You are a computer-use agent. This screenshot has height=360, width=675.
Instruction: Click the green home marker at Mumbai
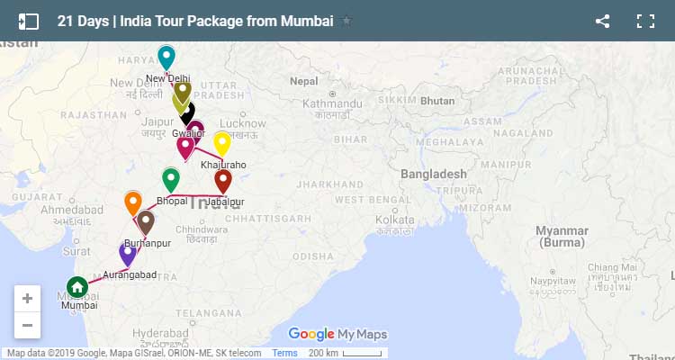[x=77, y=287]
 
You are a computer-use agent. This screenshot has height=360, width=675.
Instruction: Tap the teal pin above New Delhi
[x=166, y=57]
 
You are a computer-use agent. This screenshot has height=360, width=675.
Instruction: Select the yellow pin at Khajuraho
[x=221, y=142]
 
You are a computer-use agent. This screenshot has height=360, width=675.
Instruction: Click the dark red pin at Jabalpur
[x=223, y=180]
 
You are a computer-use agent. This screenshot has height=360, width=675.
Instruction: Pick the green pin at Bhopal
[x=170, y=178]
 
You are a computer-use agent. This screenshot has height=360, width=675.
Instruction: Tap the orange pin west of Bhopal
[x=132, y=202]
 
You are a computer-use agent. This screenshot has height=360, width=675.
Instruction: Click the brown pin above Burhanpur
[x=146, y=220]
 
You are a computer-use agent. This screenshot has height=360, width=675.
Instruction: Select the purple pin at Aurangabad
[x=128, y=253]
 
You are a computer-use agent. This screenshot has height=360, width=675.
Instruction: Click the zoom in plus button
[x=27, y=299]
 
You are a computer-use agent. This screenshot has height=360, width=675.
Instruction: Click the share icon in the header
[x=603, y=21]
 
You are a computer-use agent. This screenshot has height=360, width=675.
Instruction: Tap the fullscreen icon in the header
[x=644, y=21]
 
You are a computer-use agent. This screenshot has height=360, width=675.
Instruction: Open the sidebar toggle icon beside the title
[x=29, y=21]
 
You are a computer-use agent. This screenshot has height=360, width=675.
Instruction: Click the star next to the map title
[x=347, y=21]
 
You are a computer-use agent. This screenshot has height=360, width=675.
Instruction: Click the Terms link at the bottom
[x=284, y=354]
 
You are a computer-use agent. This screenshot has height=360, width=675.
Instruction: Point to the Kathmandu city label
[x=332, y=104]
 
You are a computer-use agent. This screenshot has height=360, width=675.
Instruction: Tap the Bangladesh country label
[x=434, y=174]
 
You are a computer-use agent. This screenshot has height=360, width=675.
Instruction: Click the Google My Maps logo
[x=337, y=335]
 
